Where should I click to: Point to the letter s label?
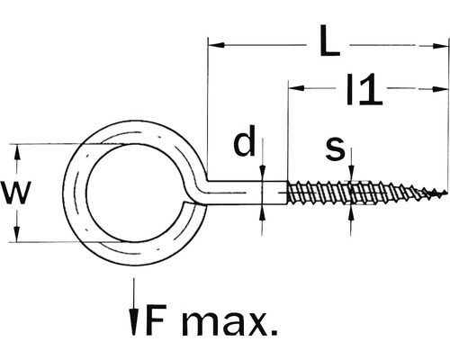pyautogui.click(x=335, y=148)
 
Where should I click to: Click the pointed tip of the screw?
pyautogui.click(x=444, y=193)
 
